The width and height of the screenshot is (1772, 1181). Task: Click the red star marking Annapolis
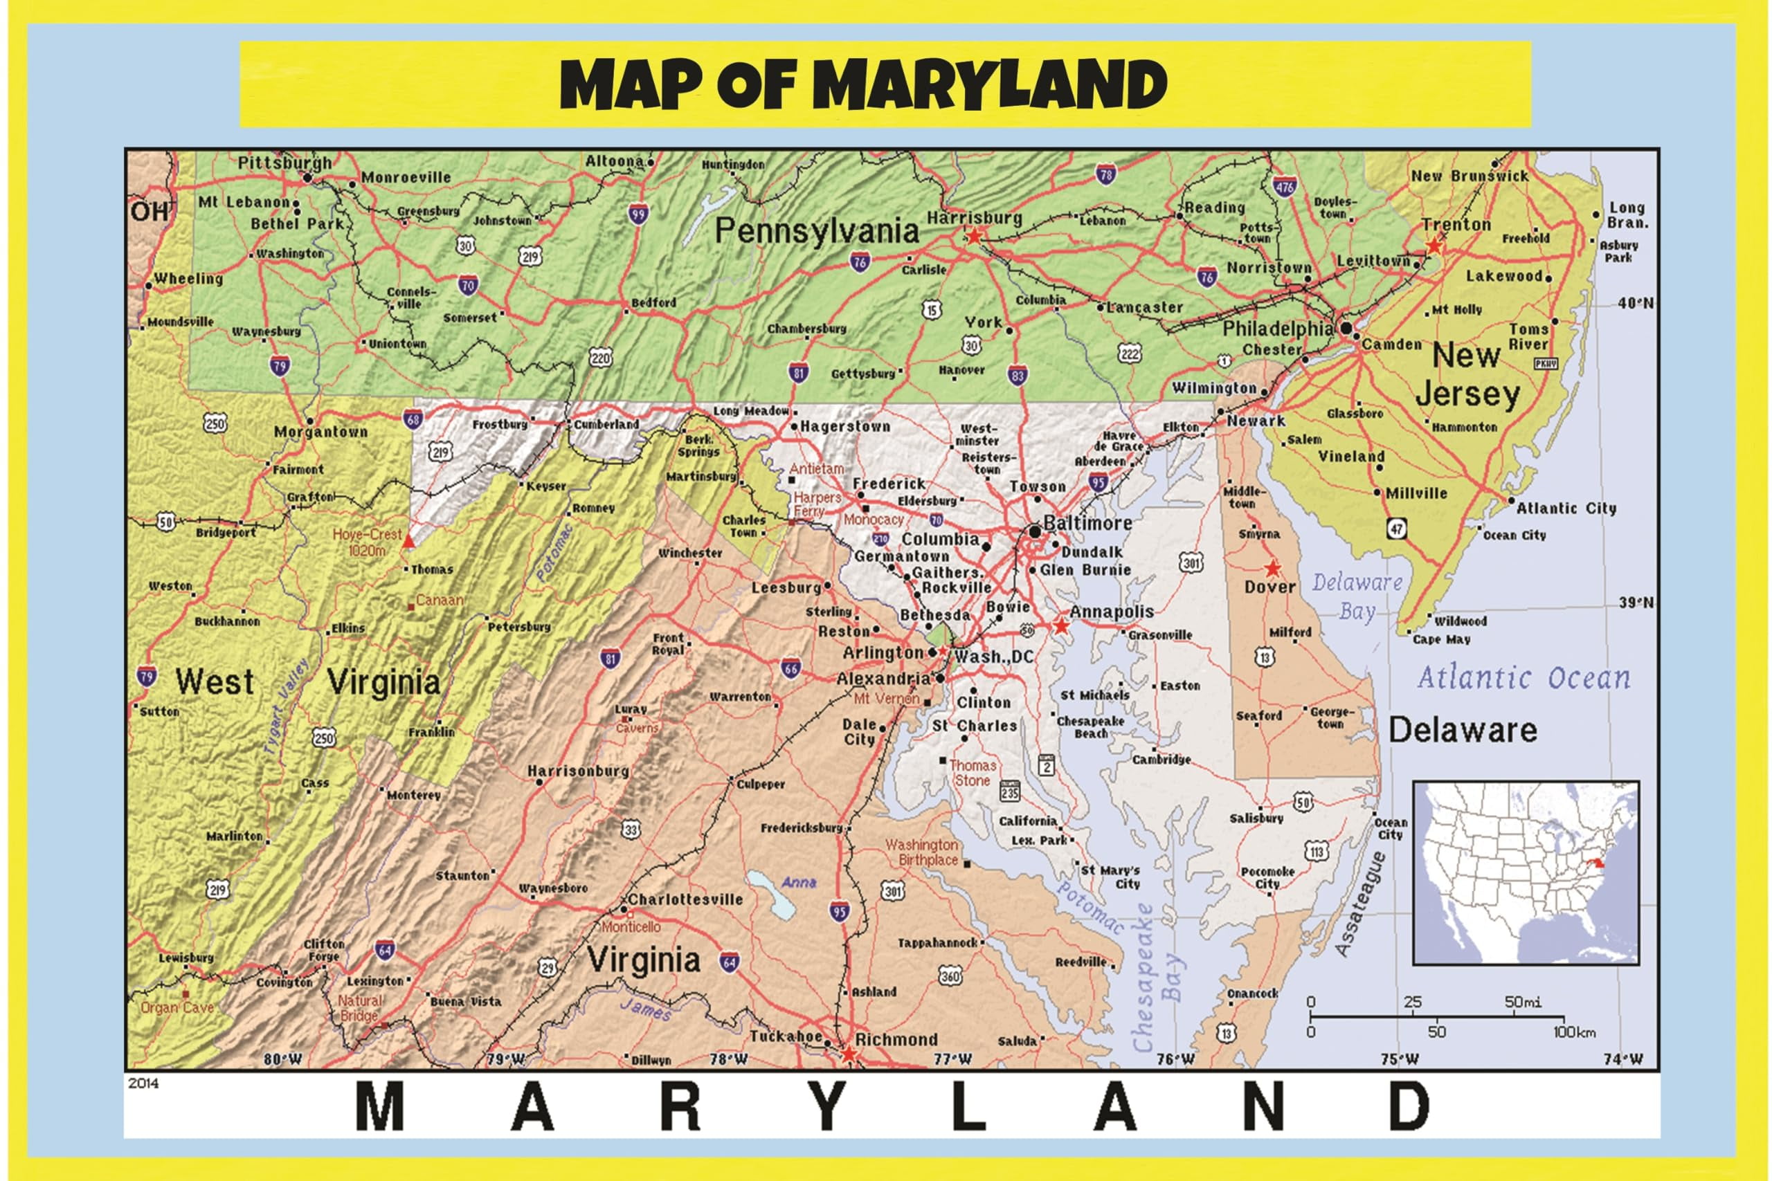1061,626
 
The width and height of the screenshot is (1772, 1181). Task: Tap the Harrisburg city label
973,218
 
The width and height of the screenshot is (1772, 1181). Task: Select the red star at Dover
1272,568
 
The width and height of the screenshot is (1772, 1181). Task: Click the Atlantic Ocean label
1524,678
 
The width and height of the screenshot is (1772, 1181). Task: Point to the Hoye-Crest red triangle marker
408,541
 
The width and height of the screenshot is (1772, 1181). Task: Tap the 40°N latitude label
1635,303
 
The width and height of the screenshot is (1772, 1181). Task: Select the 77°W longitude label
952,1059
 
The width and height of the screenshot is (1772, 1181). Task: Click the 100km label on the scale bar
1573,1031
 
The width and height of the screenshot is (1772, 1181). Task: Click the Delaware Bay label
1356,595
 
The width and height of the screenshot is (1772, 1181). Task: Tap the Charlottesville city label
685,899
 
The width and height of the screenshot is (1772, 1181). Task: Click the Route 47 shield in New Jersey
1397,528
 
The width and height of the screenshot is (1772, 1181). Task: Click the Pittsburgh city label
284,162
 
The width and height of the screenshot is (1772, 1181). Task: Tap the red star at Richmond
849,1054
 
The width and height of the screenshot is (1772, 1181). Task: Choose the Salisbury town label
1256,818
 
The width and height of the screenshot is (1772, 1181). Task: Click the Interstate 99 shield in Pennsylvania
639,214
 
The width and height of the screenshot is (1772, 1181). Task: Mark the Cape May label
1440,639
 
